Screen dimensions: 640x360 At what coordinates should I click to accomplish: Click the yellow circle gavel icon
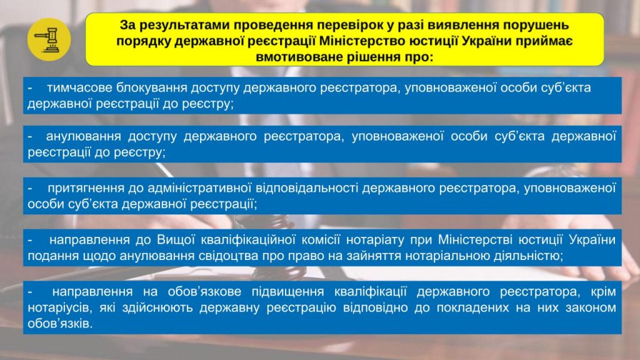(49, 39)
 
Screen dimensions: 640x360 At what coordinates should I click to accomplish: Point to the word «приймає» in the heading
(545, 41)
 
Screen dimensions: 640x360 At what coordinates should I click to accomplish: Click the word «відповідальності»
(307, 187)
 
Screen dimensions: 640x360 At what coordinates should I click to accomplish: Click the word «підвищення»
(287, 291)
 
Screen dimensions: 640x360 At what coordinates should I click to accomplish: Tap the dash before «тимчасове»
(30, 88)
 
